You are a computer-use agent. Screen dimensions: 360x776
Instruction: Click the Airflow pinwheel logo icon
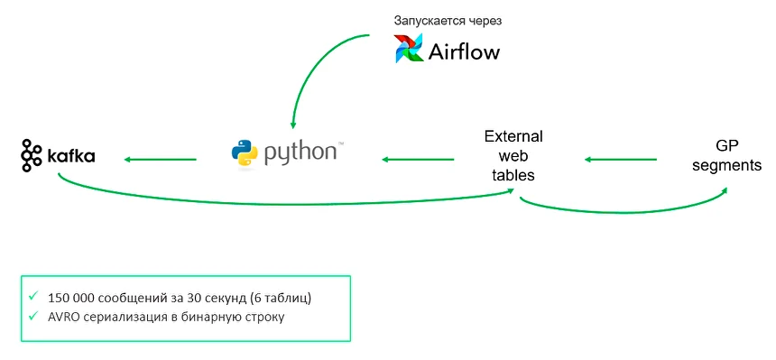click(409, 49)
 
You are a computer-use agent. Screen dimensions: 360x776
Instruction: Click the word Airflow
click(463, 51)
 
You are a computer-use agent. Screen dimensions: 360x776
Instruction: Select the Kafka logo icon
click(32, 156)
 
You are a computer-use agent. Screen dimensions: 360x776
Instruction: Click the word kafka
click(70, 157)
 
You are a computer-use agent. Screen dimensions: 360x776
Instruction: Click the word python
click(299, 152)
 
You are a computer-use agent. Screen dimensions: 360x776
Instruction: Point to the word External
click(513, 136)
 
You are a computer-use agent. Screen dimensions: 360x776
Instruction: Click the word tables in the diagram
click(513, 175)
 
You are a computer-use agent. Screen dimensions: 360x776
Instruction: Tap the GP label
click(726, 147)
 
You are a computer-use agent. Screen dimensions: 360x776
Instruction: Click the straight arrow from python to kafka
click(161, 160)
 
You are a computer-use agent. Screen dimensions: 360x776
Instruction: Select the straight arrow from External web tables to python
click(418, 160)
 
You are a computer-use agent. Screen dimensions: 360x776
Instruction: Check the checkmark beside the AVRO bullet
click(33, 316)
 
